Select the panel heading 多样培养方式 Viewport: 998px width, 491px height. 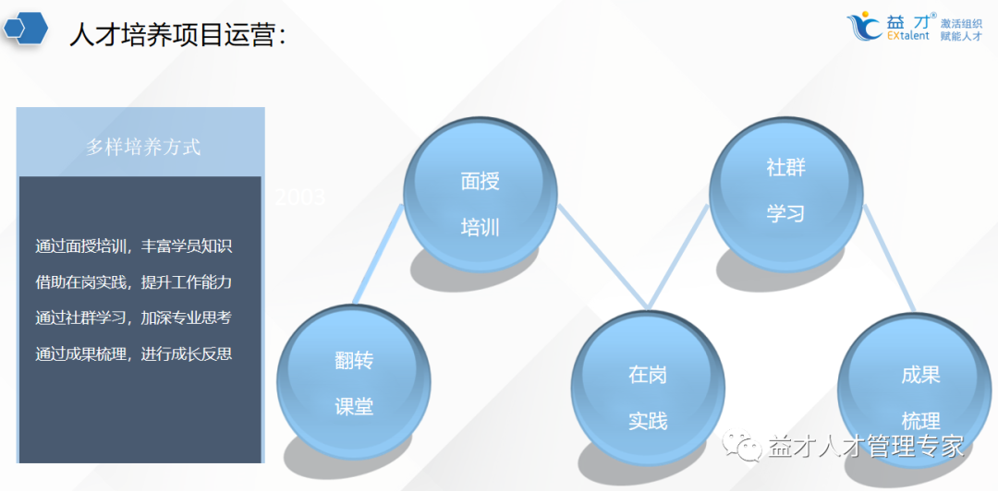coord(142,146)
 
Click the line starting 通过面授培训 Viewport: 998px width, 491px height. coord(133,246)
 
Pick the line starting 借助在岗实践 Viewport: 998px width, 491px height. coord(133,281)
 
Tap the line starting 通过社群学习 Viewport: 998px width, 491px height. coord(133,317)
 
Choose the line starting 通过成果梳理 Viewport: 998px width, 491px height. coord(133,353)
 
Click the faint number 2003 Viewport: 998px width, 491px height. coord(299,197)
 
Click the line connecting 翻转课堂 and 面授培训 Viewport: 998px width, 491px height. coord(379,254)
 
